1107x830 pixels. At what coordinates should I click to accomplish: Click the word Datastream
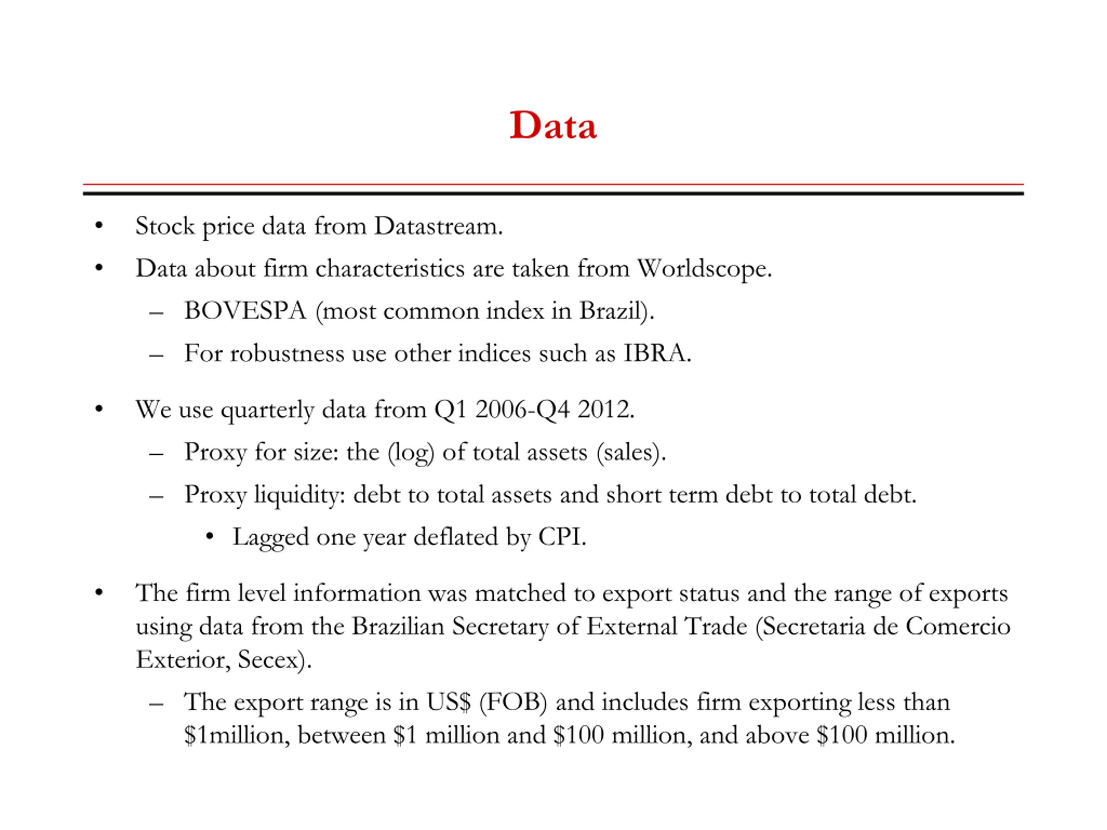coord(438,226)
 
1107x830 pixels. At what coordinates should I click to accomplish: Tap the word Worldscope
coord(704,268)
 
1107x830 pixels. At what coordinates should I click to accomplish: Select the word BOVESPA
coord(245,311)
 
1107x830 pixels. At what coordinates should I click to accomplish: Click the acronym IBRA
coord(656,353)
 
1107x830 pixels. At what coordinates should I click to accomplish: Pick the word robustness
coord(287,353)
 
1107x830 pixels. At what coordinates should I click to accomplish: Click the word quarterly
coord(267,410)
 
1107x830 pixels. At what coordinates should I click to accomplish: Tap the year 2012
coord(605,409)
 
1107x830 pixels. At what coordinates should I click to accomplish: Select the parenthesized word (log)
coord(410,452)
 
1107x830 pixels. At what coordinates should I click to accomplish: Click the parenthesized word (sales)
coord(630,452)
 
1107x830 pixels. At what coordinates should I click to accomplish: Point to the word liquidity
coord(300,495)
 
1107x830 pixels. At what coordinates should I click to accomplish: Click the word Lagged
coord(270,537)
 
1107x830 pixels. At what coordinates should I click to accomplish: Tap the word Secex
coord(273,659)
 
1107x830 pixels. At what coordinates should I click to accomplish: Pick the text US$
coord(448,702)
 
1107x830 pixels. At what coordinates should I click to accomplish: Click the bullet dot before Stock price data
coord(99,226)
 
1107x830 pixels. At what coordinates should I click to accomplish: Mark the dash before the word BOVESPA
coord(156,313)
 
